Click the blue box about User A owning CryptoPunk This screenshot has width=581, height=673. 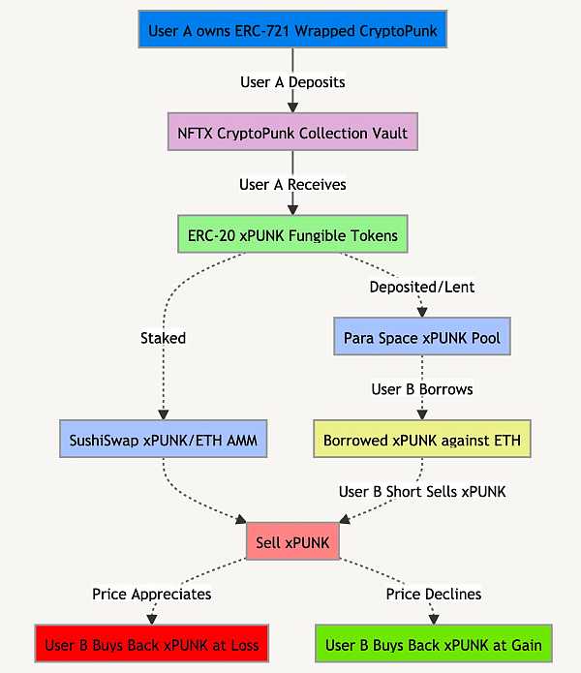pos(291,31)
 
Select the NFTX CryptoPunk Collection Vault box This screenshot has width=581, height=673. pos(291,133)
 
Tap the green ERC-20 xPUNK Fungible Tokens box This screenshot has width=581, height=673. pos(291,235)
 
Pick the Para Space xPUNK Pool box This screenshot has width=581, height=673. pos(421,338)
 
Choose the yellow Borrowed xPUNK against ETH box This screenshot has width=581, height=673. pos(421,440)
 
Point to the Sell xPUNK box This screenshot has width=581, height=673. pos(291,542)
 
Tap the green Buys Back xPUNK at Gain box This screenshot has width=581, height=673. pos(433,644)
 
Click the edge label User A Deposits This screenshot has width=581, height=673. pos(291,82)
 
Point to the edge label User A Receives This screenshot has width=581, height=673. pos(291,184)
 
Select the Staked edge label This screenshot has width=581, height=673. pos(162,338)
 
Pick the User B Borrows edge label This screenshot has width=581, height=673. pos(421,389)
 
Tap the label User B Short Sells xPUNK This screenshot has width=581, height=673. pos(421,491)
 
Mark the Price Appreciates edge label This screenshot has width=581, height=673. pos(151,594)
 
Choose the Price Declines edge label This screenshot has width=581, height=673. pos(433,594)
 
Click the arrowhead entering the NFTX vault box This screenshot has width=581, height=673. pos(291,109)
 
